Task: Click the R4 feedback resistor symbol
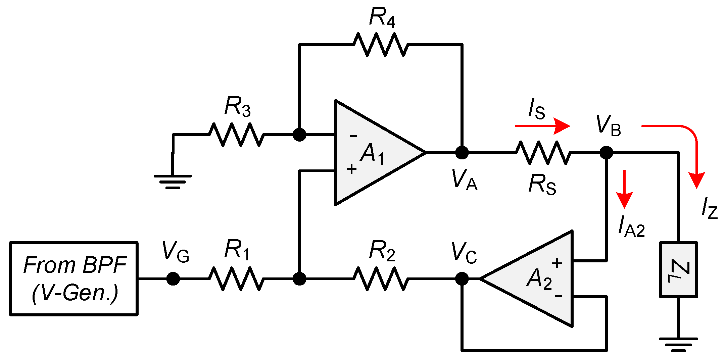(381, 44)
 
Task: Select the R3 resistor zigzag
(236, 135)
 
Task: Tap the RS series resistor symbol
(543, 153)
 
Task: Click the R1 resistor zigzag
(236, 278)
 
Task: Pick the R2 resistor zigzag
(381, 278)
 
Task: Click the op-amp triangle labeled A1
(373, 153)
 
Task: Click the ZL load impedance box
(678, 269)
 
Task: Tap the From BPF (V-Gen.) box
(74, 278)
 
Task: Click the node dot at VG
(173, 278)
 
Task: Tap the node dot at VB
(606, 153)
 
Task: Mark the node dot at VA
(462, 153)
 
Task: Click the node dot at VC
(462, 278)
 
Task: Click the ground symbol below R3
(173, 182)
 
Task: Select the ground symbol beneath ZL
(678, 344)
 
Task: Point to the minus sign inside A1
(353, 136)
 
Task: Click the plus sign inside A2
(557, 263)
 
